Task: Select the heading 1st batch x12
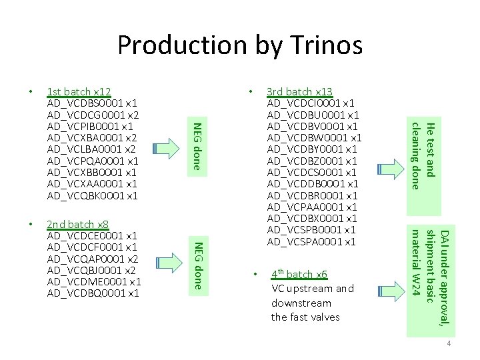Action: [x=78, y=92]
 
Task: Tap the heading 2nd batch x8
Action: [x=78, y=224]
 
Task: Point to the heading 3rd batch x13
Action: [x=299, y=92]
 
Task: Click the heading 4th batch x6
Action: [x=299, y=275]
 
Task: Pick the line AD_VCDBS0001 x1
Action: [x=93, y=103]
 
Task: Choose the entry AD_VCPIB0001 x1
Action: [x=91, y=127]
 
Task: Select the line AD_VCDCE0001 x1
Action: [x=93, y=235]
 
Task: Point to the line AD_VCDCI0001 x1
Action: [x=311, y=103]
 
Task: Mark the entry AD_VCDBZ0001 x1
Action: [x=312, y=161]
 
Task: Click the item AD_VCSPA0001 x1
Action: [x=311, y=241]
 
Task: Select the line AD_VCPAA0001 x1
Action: [x=312, y=207]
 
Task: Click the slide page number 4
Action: [x=449, y=344]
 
